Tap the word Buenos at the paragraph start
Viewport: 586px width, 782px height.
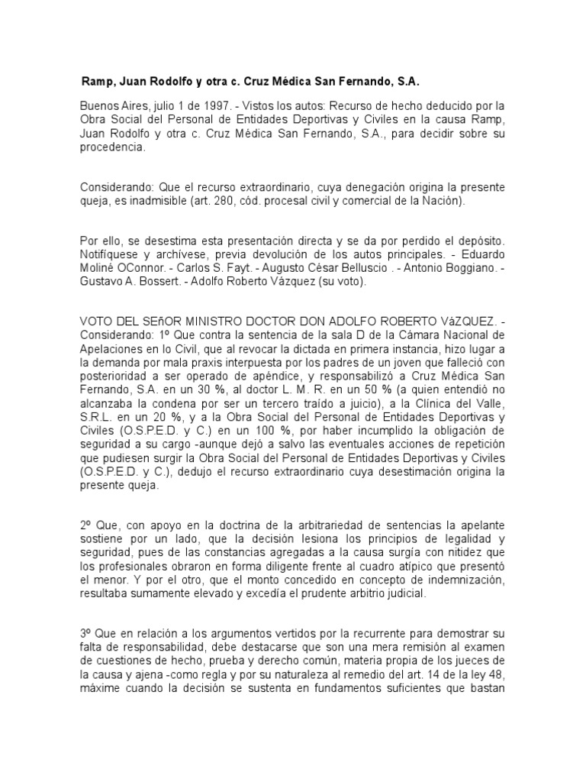99,105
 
